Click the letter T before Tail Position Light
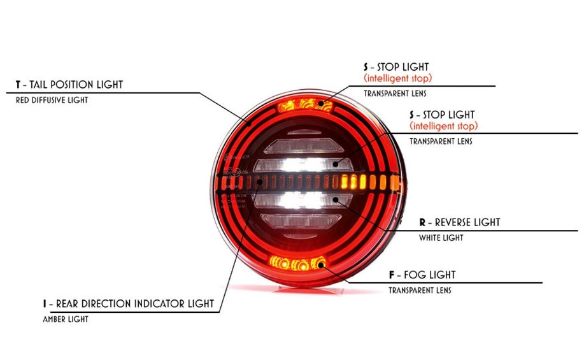(x=19, y=84)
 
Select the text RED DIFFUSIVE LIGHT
(x=52, y=100)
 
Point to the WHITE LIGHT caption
(x=441, y=238)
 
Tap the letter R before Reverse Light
(x=422, y=222)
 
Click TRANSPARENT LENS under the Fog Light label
(x=420, y=291)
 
